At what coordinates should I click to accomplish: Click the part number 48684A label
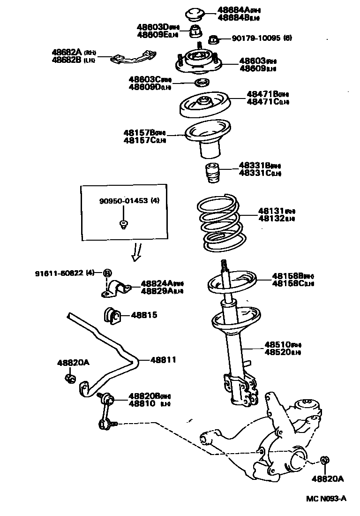coord(235,10)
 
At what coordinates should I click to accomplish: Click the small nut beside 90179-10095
coord(213,38)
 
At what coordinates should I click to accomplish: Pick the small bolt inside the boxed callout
coord(123,224)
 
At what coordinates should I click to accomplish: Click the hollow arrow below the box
coord(137,252)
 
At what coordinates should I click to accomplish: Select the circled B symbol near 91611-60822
coord(107,273)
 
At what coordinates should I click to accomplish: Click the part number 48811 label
coord(163,360)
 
